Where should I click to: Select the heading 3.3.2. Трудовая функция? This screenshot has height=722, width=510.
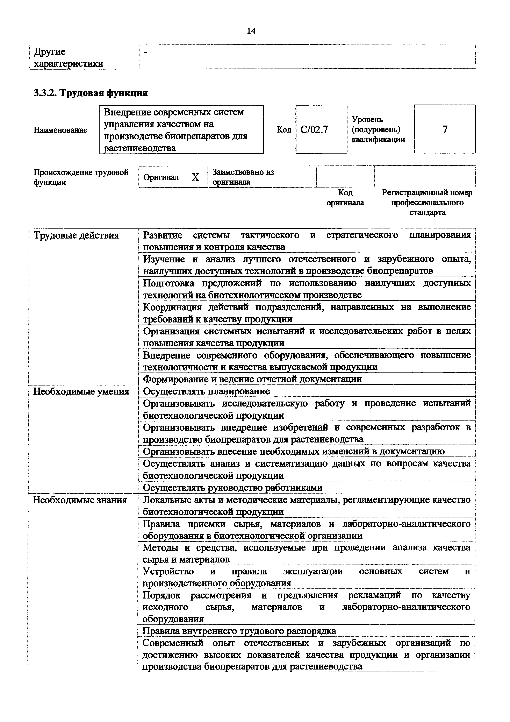point(91,93)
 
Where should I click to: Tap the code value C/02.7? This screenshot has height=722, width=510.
point(314,129)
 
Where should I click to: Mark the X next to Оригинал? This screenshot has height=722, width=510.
point(195,177)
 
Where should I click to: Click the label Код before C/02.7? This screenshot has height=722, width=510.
point(284,129)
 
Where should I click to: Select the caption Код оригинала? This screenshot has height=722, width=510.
point(345,198)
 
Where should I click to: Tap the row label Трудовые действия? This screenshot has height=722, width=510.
point(76,235)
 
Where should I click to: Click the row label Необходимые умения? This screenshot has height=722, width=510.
point(81,391)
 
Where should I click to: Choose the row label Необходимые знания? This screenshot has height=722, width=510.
point(80,500)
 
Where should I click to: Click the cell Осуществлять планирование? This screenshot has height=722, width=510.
point(207,391)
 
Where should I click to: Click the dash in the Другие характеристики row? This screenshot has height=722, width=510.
point(145,52)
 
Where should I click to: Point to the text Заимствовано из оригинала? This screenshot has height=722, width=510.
point(243,177)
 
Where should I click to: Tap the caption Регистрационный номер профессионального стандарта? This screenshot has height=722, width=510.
point(427,203)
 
